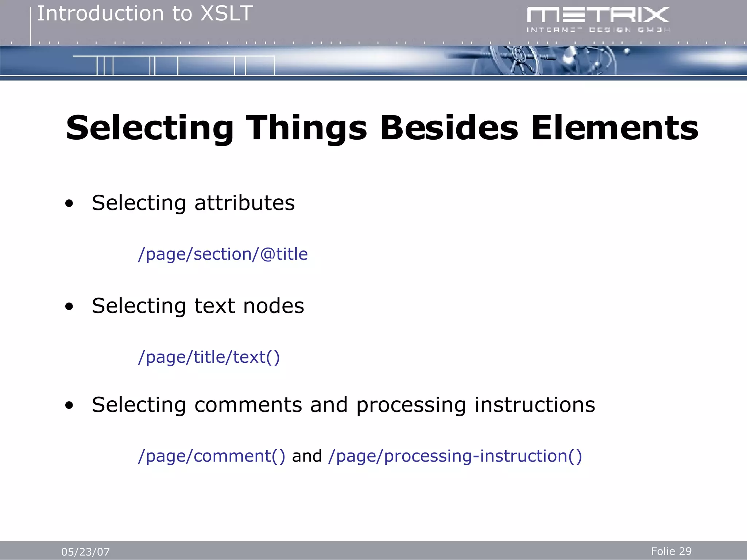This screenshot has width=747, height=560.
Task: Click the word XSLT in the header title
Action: (227, 14)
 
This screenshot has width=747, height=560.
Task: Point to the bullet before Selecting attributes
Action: (69, 204)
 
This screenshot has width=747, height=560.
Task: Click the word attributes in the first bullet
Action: (244, 203)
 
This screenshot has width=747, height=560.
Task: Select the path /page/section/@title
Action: (223, 254)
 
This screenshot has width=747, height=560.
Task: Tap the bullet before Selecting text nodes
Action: (69, 307)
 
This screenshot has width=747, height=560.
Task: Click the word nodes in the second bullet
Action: (274, 306)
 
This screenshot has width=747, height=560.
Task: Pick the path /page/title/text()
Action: (209, 357)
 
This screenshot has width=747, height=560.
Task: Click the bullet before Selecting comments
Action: (69, 406)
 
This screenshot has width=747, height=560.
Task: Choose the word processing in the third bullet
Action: (411, 405)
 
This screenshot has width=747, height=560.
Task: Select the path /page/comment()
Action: (211, 456)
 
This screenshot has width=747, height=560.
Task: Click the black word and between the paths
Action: (307, 456)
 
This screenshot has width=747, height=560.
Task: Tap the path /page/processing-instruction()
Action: (455, 456)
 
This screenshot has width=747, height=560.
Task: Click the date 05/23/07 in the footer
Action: (85, 552)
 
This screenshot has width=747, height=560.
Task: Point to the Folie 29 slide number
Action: (671, 551)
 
